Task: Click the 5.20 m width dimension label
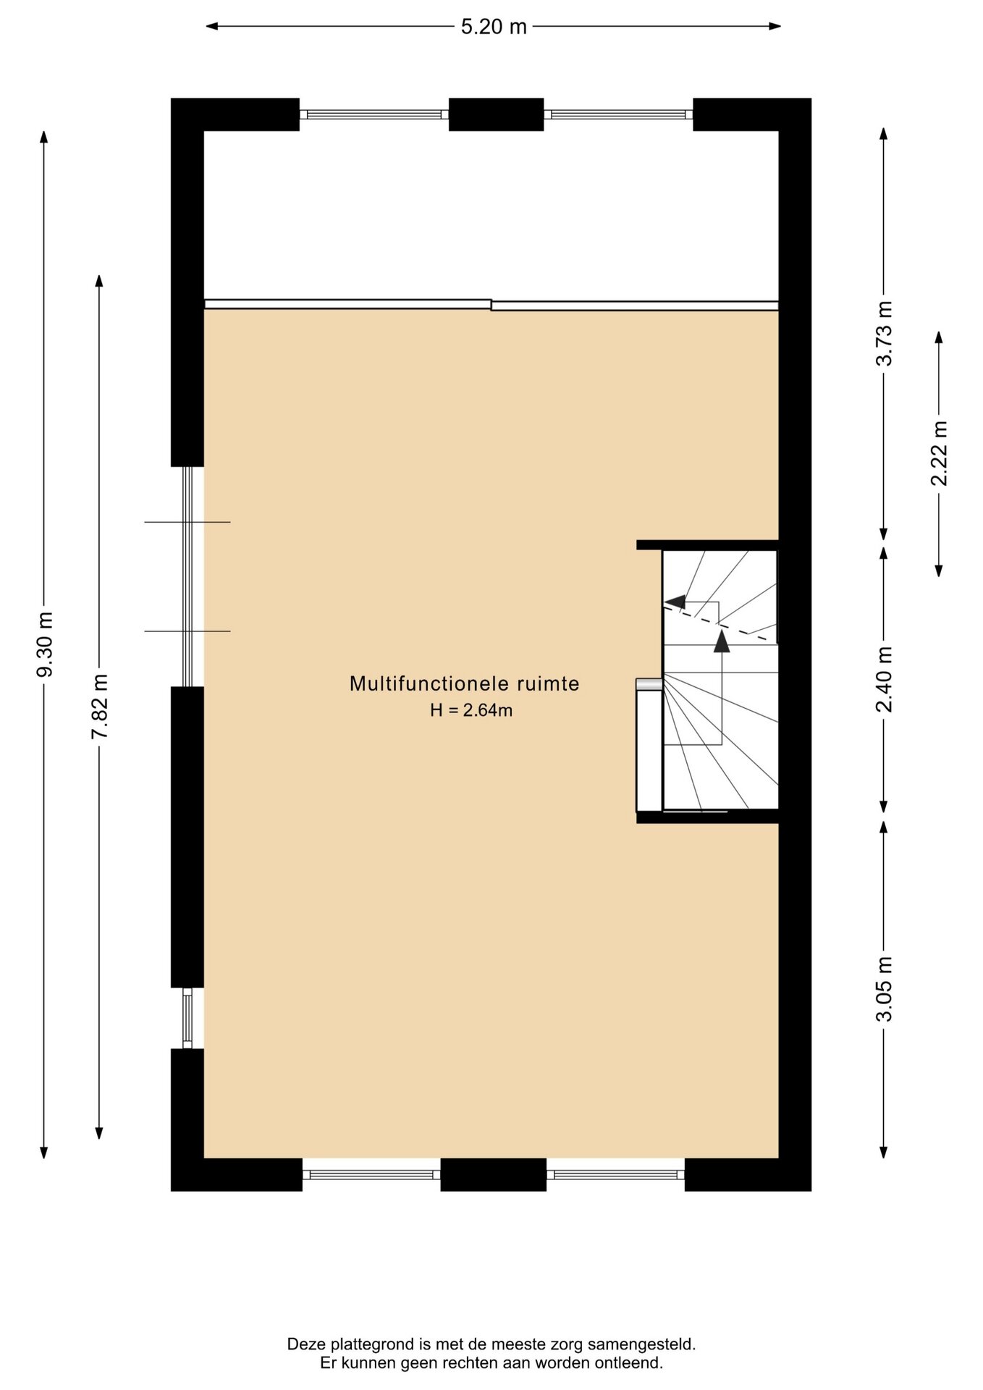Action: pos(494,27)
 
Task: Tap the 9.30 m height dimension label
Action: pos(45,644)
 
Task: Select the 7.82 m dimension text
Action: pos(99,707)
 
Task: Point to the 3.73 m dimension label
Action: pos(884,333)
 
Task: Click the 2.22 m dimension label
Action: pos(939,453)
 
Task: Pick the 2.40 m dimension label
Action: pos(884,679)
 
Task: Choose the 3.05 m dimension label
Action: pos(884,988)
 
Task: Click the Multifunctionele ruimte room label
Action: pos(465,683)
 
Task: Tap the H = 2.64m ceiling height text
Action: pos(471,710)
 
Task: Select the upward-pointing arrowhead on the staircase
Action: pos(722,641)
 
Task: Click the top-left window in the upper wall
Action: pos(374,114)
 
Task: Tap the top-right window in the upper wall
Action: pos(618,114)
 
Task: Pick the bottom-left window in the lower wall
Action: pos(371,1174)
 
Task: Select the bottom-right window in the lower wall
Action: pos(615,1174)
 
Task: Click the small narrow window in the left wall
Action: pos(187,1018)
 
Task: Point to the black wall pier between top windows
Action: pos(496,114)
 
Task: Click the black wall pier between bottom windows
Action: pos(494,1174)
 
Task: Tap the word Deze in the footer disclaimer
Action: pos(305,1344)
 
